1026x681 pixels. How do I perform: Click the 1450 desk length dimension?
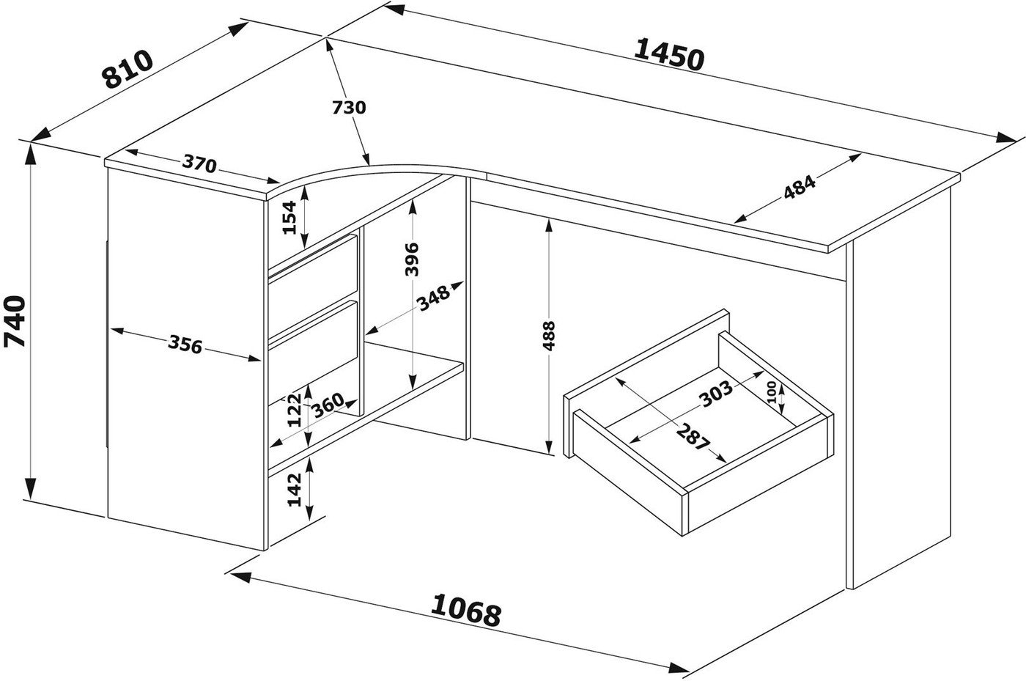[668, 55]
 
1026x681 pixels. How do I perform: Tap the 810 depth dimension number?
[128, 69]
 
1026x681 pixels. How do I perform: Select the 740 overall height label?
[15, 321]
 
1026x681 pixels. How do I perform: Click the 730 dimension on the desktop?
[349, 107]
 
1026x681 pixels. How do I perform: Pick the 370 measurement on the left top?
[199, 163]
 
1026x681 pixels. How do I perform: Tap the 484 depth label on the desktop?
[800, 187]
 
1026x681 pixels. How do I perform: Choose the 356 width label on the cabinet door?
[185, 345]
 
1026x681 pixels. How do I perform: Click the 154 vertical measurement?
[289, 217]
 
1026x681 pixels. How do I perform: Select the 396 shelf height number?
[412, 259]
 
